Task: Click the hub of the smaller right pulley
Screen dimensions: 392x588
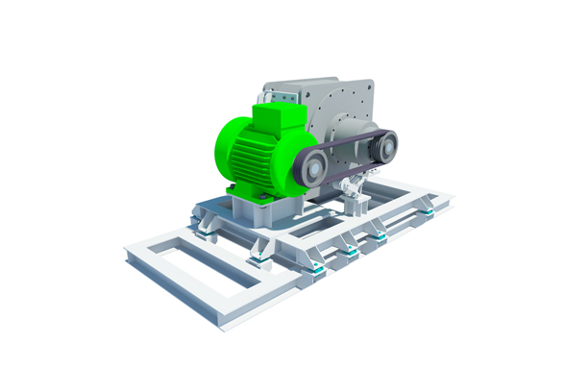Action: tap(386, 146)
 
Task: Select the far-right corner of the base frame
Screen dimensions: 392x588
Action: tap(447, 199)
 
